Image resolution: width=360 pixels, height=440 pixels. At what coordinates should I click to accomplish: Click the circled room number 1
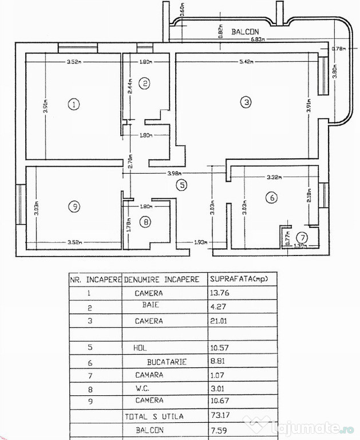(x=73, y=104)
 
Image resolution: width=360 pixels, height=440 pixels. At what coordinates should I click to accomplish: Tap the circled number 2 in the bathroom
(x=145, y=84)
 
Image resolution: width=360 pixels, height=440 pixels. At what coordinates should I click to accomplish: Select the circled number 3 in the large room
(x=246, y=103)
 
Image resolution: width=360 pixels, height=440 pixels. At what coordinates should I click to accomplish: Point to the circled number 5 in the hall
(x=181, y=185)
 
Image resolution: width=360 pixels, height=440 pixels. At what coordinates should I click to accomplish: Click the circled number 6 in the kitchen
(x=272, y=198)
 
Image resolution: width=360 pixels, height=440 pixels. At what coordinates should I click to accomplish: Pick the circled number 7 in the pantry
(x=302, y=237)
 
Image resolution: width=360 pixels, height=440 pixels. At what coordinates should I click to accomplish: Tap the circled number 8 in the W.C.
(x=146, y=222)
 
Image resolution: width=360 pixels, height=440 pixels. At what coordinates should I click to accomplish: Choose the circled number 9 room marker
(x=73, y=207)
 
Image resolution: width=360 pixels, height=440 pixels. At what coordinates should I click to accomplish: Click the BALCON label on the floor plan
(x=246, y=33)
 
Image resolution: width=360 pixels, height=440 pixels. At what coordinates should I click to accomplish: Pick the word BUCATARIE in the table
(x=167, y=362)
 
